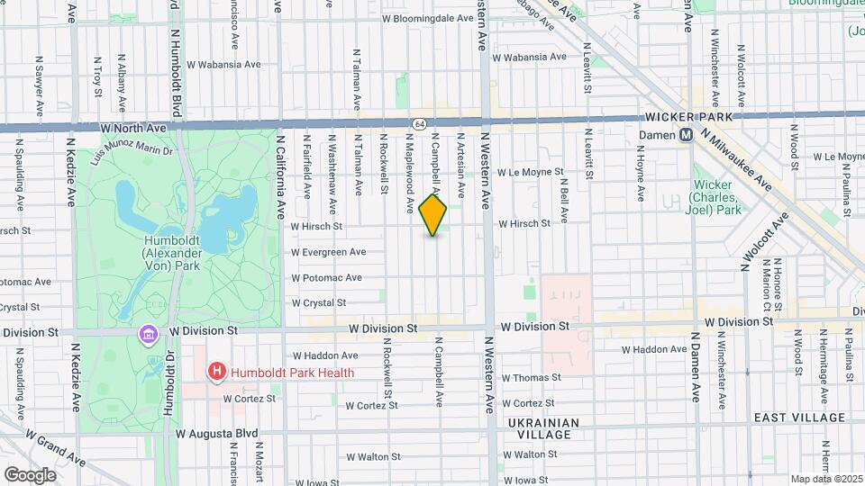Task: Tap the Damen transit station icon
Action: [x=685, y=134]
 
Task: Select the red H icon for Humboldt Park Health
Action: [x=216, y=371]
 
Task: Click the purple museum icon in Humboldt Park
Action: [x=147, y=335]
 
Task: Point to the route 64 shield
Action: [x=420, y=122]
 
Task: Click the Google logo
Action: [x=30, y=474]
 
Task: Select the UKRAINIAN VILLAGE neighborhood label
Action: [x=540, y=428]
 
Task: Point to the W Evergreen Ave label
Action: [x=328, y=252]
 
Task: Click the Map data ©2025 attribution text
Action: [x=825, y=479]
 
